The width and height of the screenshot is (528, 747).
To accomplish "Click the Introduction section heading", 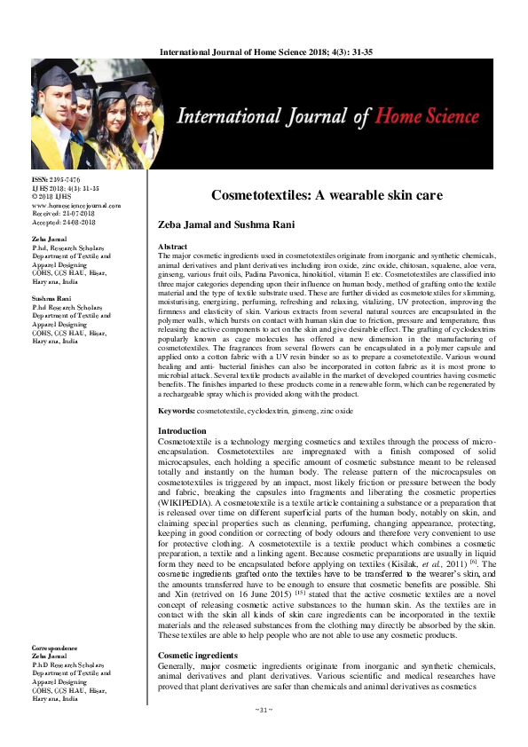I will pyautogui.click(x=181, y=430).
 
